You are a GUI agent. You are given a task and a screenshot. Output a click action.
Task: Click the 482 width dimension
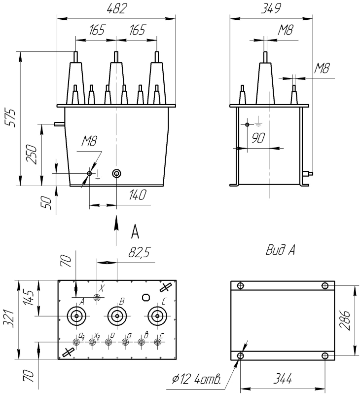pyautogui.click(x=116, y=9)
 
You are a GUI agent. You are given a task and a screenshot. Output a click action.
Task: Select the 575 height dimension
pyautogui.click(x=11, y=118)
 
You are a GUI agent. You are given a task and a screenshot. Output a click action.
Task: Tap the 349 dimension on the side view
pyautogui.click(x=271, y=9)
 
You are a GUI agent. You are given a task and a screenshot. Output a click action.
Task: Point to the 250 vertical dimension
pyautogui.click(x=32, y=154)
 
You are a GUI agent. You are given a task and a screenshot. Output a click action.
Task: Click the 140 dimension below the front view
pyautogui.click(x=138, y=195)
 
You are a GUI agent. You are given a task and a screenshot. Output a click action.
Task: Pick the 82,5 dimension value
pyautogui.click(x=140, y=252)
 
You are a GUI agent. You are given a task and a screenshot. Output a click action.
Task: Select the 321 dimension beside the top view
pyautogui.click(x=8, y=318)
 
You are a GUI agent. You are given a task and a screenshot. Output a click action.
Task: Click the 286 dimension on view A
pyautogui.click(x=344, y=320)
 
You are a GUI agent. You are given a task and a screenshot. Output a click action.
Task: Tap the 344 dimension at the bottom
pyautogui.click(x=283, y=379)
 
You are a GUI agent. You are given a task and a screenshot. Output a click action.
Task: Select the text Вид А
pyautogui.click(x=280, y=250)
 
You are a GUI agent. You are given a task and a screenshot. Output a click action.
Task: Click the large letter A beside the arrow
pyautogui.click(x=135, y=232)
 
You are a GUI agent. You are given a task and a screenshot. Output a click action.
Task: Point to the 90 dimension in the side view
pyautogui.click(x=258, y=138)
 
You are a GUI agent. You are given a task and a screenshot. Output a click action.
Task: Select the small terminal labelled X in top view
pyautogui.click(x=97, y=298)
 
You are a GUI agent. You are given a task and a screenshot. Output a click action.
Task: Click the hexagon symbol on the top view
pyautogui.click(x=146, y=297)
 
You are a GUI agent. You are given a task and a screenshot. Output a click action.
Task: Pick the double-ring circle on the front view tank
pyautogui.click(x=116, y=173)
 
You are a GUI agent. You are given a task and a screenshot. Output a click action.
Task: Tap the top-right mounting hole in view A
pyautogui.click(x=325, y=286)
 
